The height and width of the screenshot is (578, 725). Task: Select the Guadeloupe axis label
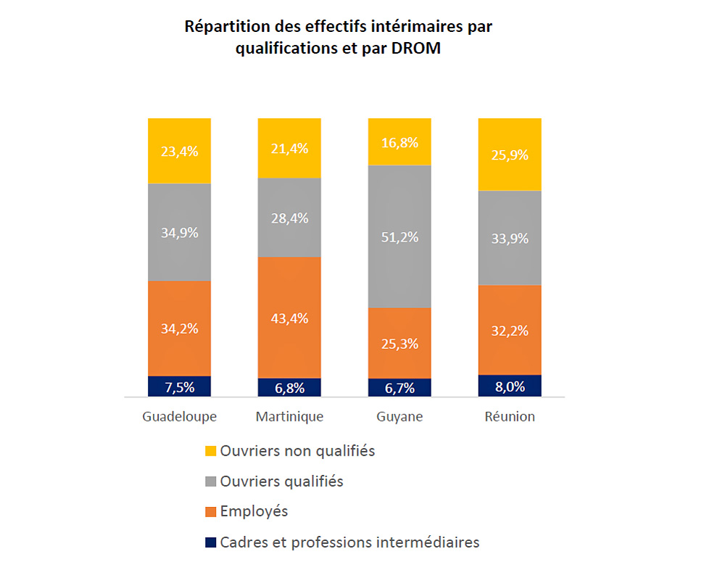click(x=179, y=417)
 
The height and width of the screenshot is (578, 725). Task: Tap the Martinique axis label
click(x=289, y=417)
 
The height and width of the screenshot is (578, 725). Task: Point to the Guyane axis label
click(x=399, y=417)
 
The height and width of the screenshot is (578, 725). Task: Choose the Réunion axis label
click(x=510, y=417)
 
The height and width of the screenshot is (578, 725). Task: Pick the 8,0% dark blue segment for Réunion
click(x=510, y=386)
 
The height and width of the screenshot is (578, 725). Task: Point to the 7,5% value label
click(x=179, y=387)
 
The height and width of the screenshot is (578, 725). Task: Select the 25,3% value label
click(x=399, y=344)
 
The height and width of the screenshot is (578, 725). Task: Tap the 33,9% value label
click(x=510, y=239)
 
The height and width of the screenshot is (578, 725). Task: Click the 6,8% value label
click(x=289, y=388)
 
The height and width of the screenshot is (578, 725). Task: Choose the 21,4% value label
click(x=289, y=149)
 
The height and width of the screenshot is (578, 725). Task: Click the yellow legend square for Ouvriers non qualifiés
click(x=210, y=451)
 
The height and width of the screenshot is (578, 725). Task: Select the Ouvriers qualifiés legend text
click(x=281, y=481)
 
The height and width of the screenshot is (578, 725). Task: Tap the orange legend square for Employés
click(x=210, y=512)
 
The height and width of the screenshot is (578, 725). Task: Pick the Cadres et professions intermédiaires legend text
click(x=349, y=542)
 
